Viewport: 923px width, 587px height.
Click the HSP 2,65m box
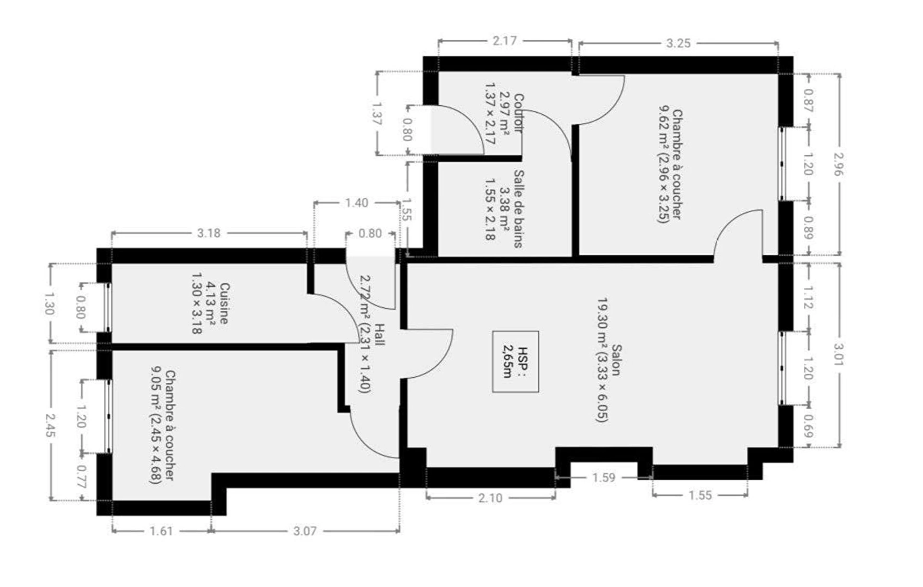[x=515, y=361]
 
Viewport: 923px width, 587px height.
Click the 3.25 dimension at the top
[x=678, y=43]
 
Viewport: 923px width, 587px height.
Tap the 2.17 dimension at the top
[x=504, y=41]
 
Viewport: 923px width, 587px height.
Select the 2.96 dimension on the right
[x=839, y=164]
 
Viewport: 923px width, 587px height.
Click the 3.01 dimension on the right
[x=839, y=354]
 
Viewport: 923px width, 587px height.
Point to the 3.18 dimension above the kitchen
[x=209, y=233]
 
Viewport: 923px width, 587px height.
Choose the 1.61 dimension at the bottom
[x=161, y=531]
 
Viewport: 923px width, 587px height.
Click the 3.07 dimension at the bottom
[x=305, y=531]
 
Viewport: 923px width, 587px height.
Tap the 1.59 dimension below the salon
[x=603, y=477]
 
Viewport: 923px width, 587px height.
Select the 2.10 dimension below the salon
[x=490, y=498]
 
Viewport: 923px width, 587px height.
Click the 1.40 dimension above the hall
[x=356, y=203]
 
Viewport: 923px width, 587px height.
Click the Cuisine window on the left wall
[x=108, y=307]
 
